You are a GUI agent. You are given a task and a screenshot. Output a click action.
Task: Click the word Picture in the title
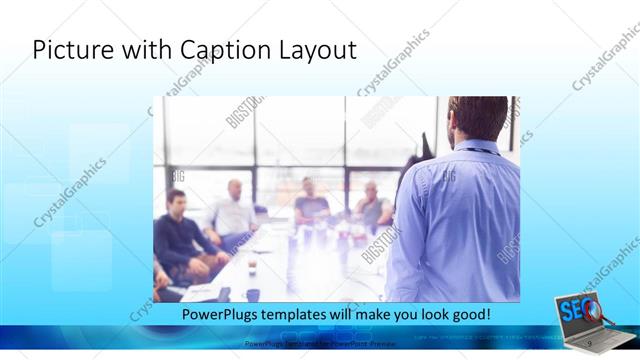pyautogui.click(x=68, y=49)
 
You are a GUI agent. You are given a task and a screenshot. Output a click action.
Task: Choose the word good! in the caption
pyautogui.click(x=469, y=314)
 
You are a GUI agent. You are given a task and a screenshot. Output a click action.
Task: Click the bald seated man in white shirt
pyautogui.click(x=233, y=209)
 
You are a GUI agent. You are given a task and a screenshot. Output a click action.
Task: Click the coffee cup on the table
pyautogui.click(x=251, y=265)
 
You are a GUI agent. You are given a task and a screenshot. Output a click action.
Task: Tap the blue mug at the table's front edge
pyautogui.click(x=253, y=295)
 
